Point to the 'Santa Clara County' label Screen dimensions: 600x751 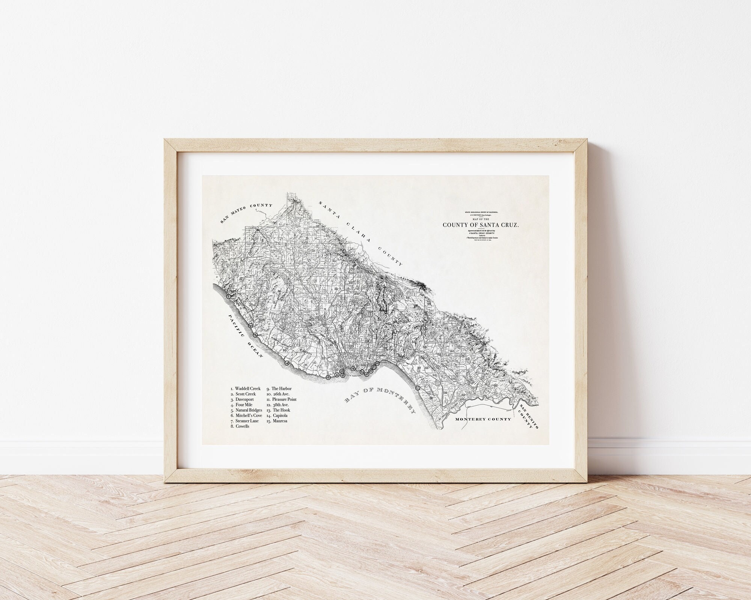[x=360, y=232]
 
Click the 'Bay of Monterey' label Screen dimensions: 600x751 [x=379, y=400]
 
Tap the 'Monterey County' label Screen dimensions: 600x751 [x=483, y=419]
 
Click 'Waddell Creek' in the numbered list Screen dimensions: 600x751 [x=247, y=389]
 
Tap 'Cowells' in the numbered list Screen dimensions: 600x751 [x=242, y=426]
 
